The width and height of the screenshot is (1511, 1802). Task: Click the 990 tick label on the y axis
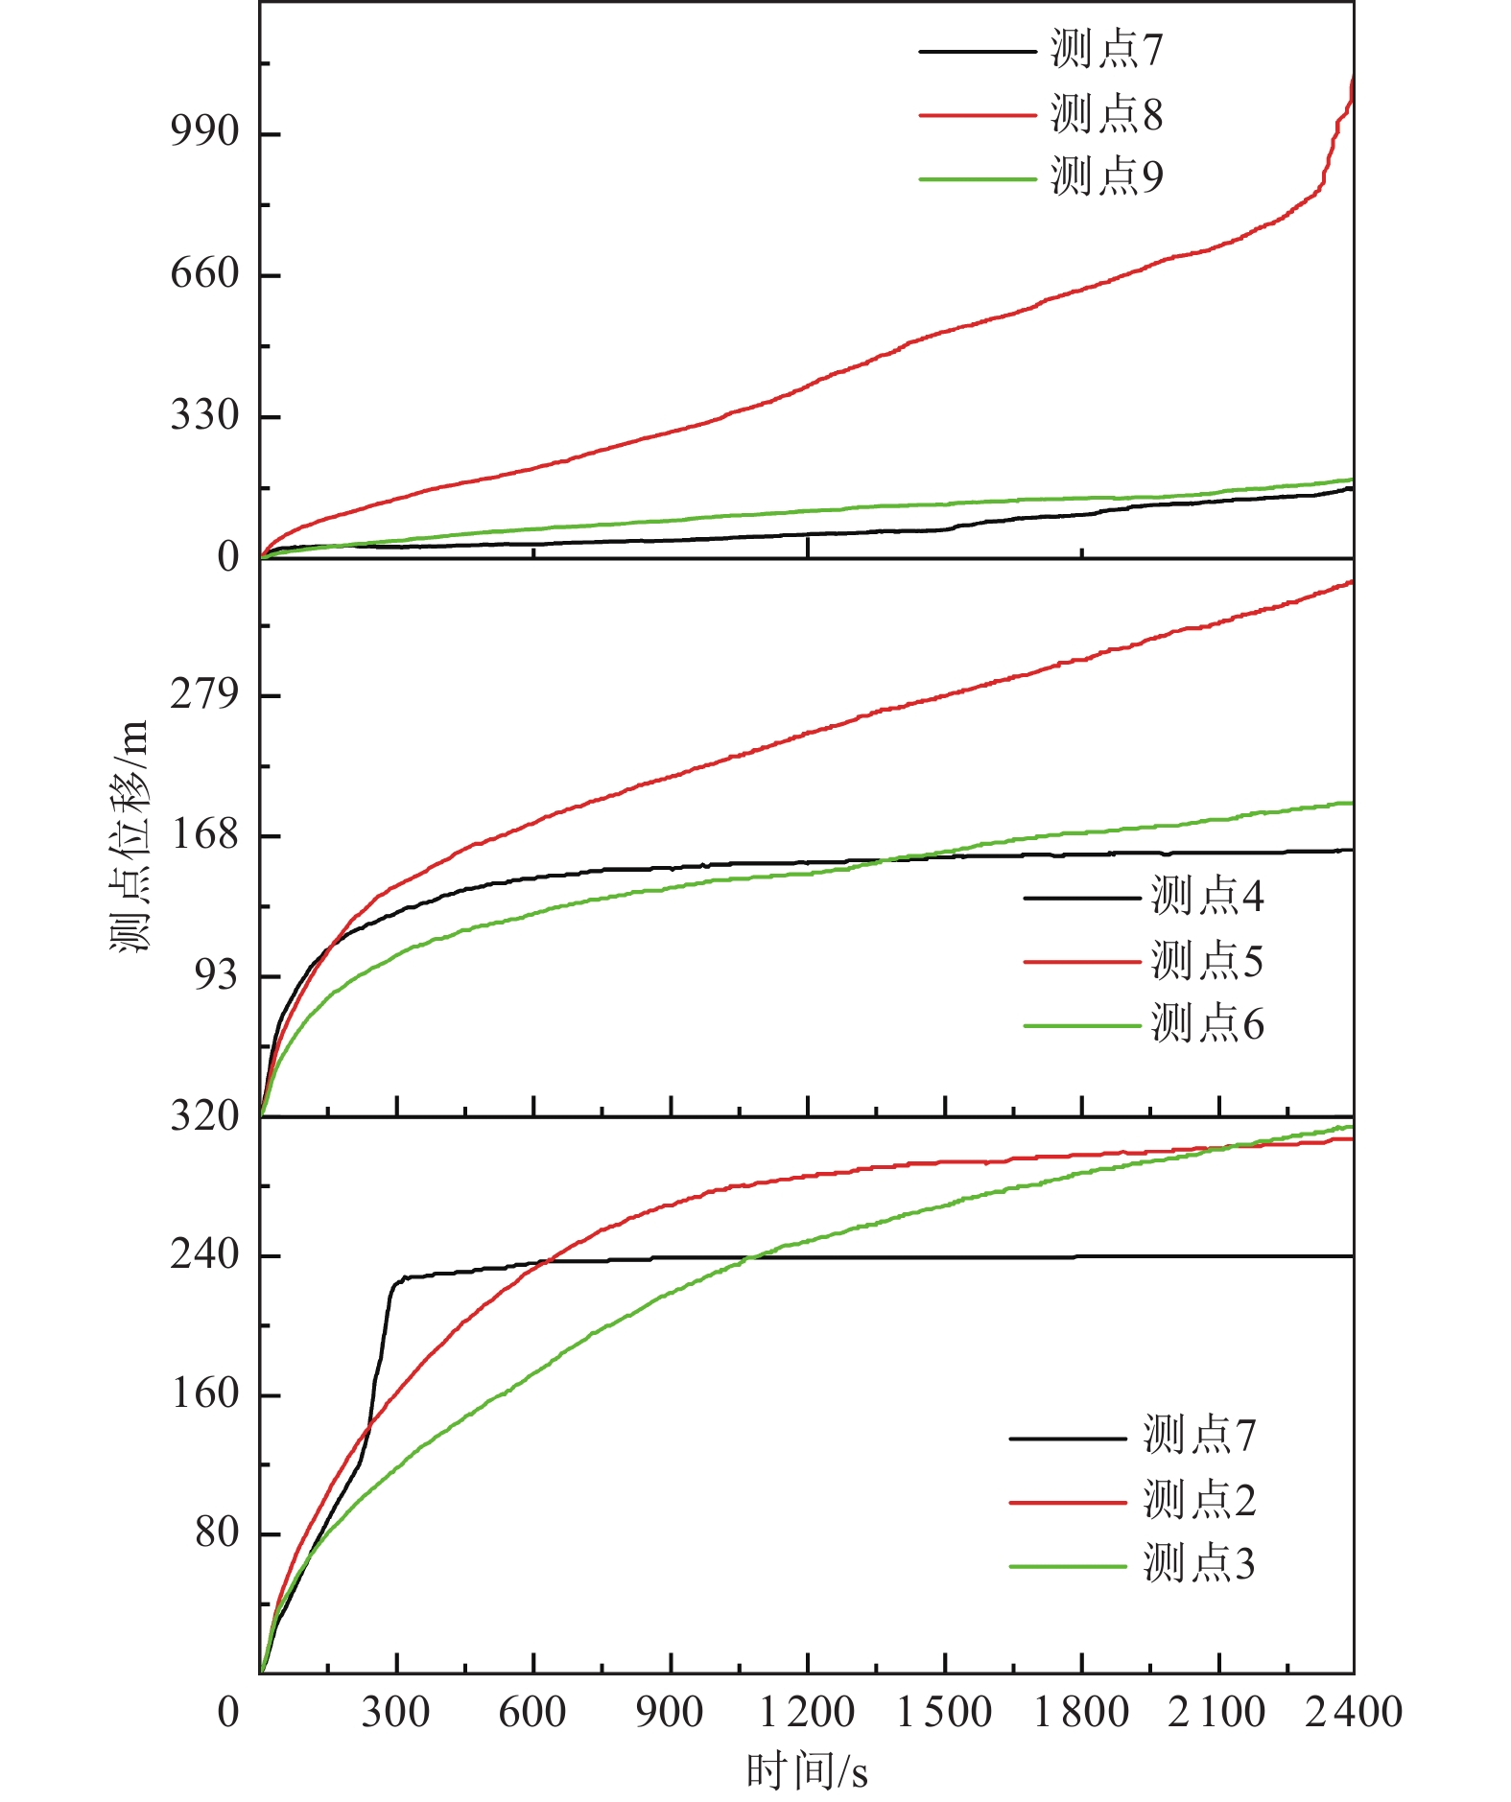tap(204, 131)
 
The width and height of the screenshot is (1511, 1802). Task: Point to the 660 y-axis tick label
tap(204, 273)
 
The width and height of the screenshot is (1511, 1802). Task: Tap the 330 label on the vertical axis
tap(204, 415)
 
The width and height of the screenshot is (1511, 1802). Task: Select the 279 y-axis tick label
tap(204, 693)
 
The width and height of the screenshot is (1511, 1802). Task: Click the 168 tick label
tap(204, 834)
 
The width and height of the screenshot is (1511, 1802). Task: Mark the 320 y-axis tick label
tap(204, 1116)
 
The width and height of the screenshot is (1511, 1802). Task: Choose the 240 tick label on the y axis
tap(204, 1254)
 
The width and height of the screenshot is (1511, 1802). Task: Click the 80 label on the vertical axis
tap(217, 1533)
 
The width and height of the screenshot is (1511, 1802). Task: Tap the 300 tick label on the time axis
tap(395, 1713)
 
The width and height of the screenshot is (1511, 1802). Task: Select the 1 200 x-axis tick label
tap(806, 1713)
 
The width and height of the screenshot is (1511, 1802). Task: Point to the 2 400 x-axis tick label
tap(1353, 1713)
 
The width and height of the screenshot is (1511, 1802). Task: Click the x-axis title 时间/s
tap(807, 1770)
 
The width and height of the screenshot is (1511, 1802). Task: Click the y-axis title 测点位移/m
tap(130, 834)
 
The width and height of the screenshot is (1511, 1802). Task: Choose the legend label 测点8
tap(1106, 114)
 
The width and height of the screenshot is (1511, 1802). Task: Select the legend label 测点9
tap(1106, 177)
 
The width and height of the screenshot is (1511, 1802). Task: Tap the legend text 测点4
tap(1207, 897)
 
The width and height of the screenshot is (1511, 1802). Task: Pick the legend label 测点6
tap(1207, 1024)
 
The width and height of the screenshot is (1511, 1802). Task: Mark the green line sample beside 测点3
tap(1067, 1566)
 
